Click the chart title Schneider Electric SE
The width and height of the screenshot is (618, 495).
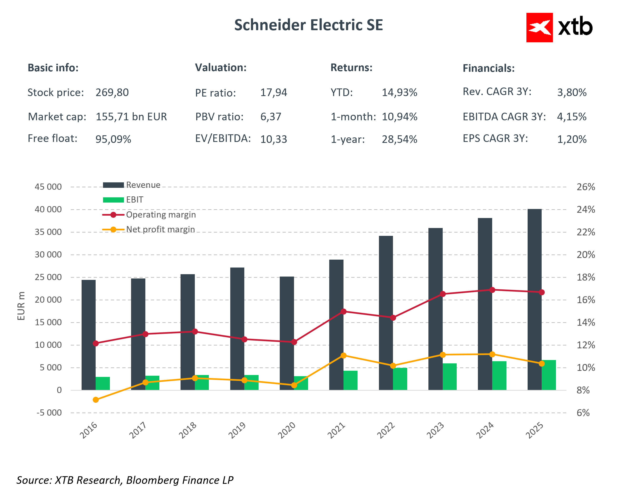[309, 25]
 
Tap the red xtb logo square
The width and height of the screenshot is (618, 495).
[539, 28]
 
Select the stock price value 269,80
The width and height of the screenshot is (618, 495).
[112, 92]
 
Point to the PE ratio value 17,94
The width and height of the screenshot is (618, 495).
[274, 92]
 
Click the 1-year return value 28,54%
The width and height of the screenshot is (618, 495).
[399, 139]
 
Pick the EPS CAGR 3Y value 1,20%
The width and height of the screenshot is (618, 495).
[572, 139]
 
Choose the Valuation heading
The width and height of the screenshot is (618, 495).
[221, 68]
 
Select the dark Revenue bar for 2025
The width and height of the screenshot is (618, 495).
[534, 299]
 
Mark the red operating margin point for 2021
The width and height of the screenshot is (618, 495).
[344, 311]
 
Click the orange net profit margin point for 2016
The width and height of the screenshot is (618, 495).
[96, 400]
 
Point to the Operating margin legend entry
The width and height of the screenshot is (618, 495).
[161, 214]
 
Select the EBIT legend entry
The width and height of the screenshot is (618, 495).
[134, 200]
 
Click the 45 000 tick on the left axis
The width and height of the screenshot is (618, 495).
[48, 187]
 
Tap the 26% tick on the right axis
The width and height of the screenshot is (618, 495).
[586, 187]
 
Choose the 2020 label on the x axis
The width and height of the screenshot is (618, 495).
[287, 430]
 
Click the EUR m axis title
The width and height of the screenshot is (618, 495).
[21, 306]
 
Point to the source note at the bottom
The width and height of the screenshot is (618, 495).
[125, 480]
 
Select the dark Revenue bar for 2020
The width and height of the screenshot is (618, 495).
[287, 333]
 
